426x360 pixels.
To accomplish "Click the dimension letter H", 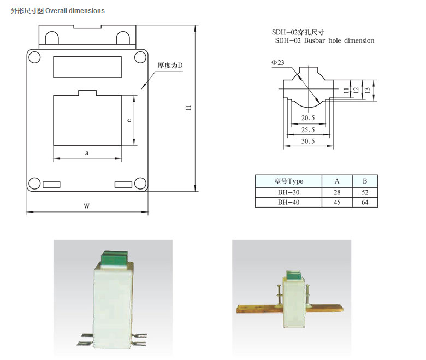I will (187, 108).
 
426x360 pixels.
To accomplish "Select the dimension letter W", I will (86, 206).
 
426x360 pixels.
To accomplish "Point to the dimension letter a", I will (87, 153).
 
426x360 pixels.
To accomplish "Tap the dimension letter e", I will (128, 120).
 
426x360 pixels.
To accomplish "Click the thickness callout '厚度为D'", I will (170, 66).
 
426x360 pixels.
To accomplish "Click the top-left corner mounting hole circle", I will (34, 56).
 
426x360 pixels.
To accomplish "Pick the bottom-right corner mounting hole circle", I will (140, 184).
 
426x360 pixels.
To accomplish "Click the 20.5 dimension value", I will (308, 118).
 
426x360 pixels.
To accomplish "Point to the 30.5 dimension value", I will (308, 141).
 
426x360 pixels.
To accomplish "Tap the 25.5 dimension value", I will (308, 130).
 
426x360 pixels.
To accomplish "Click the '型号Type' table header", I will (288, 181).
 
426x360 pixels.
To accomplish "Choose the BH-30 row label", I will (288, 192).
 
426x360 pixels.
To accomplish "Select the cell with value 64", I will (364, 202).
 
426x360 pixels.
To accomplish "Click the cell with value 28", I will (337, 192).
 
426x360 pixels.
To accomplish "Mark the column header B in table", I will (364, 181).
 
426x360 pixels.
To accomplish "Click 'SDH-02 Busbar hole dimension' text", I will (324, 40).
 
